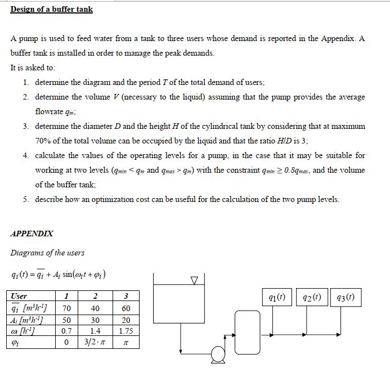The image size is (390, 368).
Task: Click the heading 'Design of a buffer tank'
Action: [51, 10]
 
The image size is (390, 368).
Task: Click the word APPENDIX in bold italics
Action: [32, 233]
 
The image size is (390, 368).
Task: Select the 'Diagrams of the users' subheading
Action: [47, 253]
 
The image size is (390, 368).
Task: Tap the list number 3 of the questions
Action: [26, 126]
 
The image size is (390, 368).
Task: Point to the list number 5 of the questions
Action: [26, 199]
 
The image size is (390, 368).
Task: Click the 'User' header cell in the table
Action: [19, 296]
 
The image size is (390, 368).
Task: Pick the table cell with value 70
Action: [66, 308]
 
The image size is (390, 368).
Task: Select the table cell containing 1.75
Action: [125, 331]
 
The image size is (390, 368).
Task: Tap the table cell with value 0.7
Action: [66, 331]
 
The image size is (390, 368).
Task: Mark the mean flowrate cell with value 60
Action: [125, 308]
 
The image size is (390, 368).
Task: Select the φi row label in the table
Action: [16, 342]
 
